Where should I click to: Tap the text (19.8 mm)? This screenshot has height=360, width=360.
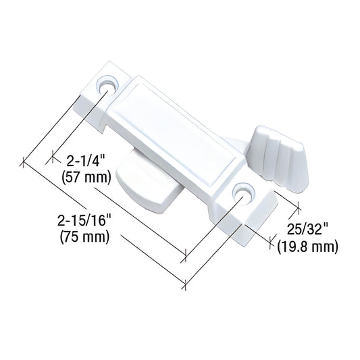tap(307, 247)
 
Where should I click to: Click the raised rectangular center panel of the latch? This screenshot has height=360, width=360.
tap(179, 131)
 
